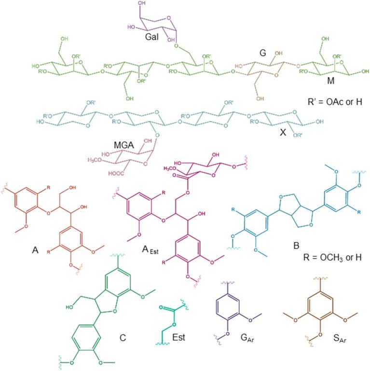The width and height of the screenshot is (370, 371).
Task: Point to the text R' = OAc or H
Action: click(330, 102)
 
